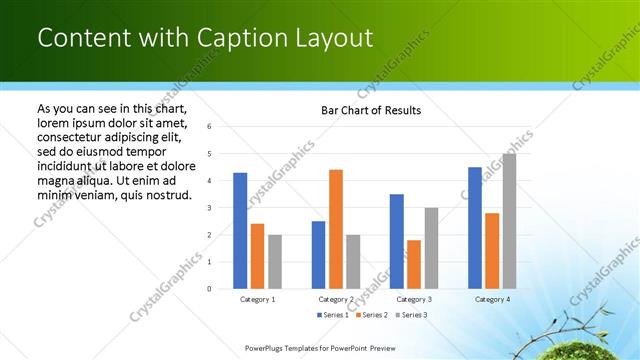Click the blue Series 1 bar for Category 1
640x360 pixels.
click(240, 231)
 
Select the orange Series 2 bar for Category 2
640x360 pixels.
click(336, 229)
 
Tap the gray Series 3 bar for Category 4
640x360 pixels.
click(509, 221)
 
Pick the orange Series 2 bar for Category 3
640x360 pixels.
click(414, 264)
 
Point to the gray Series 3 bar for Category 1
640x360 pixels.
click(275, 262)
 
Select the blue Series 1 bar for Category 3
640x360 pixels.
click(397, 241)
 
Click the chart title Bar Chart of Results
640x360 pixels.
click(370, 110)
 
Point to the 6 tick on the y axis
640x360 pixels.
click(209, 127)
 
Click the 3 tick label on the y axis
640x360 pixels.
click(209, 208)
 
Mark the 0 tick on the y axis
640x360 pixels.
click(209, 289)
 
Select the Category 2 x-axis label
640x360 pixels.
click(336, 299)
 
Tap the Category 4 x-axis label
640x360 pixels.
click(492, 299)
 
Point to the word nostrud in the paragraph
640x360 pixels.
click(166, 194)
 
